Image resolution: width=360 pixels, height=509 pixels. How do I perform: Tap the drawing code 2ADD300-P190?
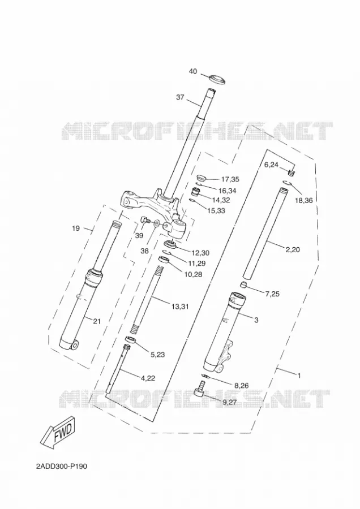pos(62,467)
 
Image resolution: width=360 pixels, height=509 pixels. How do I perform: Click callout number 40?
pos(193,71)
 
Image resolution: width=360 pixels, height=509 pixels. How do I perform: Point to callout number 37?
pos(181,97)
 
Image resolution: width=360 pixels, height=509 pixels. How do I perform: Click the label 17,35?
pos(230,179)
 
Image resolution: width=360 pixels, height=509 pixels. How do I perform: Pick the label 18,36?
pos(304,201)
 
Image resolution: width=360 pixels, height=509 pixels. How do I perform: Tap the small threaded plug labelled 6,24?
pos(292,172)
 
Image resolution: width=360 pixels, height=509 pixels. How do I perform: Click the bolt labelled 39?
pos(144,221)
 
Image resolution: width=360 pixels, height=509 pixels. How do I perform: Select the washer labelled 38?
pos(155,223)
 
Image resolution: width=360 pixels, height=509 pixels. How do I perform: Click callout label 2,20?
pos(293,249)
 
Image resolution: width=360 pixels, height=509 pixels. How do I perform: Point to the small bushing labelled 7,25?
pos(244,286)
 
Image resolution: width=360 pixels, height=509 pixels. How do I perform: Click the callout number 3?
pos(256,321)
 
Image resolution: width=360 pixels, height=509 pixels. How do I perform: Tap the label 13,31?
pos(180,306)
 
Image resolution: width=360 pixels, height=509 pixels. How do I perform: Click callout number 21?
pos(97,322)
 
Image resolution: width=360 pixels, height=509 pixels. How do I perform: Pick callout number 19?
pos(76,228)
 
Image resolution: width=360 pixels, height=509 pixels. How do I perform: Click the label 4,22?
pos(148,378)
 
